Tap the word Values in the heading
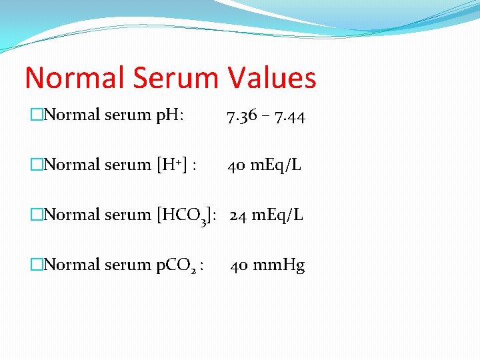click(x=272, y=78)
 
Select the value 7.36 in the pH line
click(x=241, y=118)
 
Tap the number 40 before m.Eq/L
click(x=235, y=165)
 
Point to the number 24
click(x=239, y=215)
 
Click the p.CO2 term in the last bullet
click(x=177, y=265)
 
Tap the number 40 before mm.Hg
click(x=239, y=265)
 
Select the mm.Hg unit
click(x=279, y=265)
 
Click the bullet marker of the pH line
click(x=37, y=115)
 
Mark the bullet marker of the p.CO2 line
click(x=37, y=265)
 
